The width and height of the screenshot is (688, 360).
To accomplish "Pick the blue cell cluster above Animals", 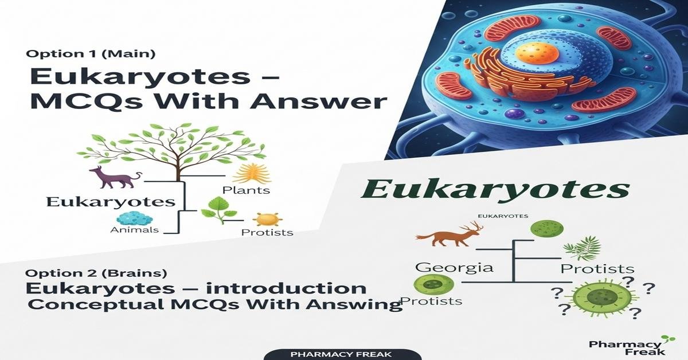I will pos(135,218).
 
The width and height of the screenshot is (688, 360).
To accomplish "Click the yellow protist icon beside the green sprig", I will pos(267,219).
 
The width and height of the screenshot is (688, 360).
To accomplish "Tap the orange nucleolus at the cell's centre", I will pos(529,54).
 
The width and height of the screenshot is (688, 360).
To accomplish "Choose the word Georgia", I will pos(454,267).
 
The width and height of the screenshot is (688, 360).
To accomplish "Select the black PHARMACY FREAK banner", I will pos(341,354).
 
